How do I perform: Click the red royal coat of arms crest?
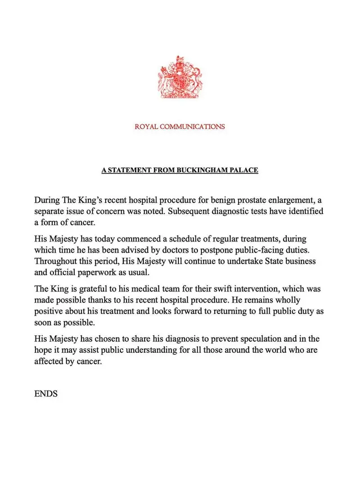(179, 78)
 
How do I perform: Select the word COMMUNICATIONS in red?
(194, 127)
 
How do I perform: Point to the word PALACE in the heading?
(243, 169)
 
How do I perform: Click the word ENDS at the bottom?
(46, 394)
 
